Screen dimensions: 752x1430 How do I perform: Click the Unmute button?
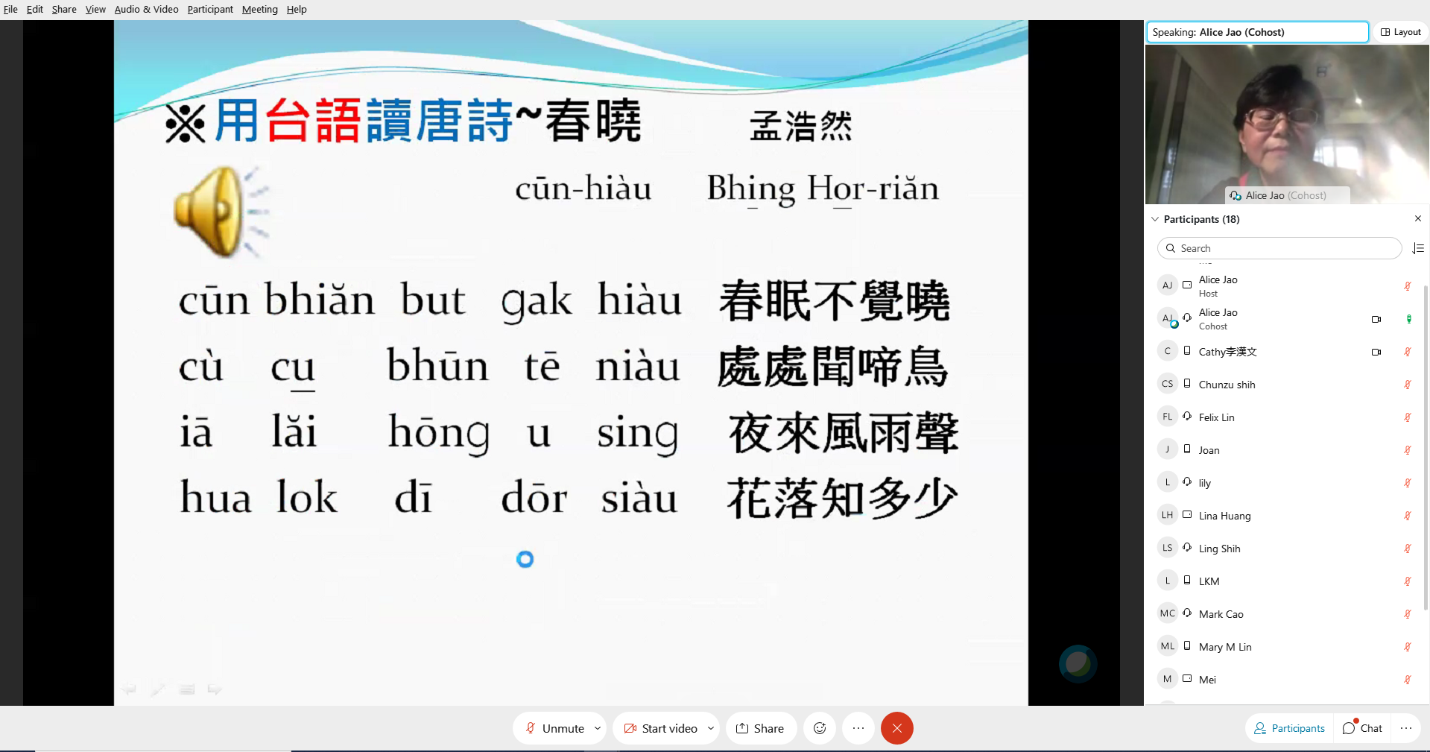555,728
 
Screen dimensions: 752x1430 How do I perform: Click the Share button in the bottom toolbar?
760,728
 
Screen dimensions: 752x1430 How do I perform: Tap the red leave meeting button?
896,728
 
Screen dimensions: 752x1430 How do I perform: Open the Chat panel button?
1362,728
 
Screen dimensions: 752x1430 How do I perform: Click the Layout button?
1401,32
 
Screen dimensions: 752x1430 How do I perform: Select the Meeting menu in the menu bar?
259,9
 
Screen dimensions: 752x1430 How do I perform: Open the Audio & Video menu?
146,9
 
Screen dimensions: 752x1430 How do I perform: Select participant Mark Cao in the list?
1221,614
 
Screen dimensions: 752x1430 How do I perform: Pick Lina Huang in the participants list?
1224,516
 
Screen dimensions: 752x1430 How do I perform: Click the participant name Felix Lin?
1216,417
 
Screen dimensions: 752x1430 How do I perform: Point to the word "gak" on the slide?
537,301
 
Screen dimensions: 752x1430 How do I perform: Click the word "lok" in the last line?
307,498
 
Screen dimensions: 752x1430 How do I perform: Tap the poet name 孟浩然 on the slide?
800,125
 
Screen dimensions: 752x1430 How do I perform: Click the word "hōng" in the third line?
438,432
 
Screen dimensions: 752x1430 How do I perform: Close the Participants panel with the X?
1417,218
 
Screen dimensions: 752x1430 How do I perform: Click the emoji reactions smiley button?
820,728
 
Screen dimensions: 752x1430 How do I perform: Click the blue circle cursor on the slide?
525,559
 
